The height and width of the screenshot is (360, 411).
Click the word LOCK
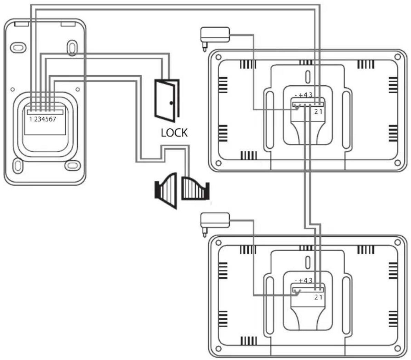(174, 133)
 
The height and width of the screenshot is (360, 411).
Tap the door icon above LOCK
(167, 101)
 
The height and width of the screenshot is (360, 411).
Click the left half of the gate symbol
(166, 191)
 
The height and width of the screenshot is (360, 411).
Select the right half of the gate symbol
(195, 188)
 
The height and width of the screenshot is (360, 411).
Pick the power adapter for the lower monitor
(215, 222)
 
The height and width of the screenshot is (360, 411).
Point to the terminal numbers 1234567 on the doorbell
(43, 119)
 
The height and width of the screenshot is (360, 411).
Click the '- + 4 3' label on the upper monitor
(304, 95)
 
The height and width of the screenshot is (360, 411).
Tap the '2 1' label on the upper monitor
(318, 112)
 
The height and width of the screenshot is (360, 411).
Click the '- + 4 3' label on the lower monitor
(304, 281)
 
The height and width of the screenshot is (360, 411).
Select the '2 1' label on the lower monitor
(318, 297)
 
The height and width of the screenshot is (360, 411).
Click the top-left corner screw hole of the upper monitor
(218, 57)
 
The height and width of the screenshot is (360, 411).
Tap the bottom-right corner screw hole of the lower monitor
(398, 349)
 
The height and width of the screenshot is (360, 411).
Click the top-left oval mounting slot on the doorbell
(18, 48)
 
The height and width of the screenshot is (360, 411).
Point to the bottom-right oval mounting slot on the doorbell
(72, 165)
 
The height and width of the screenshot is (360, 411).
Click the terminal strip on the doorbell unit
(45, 112)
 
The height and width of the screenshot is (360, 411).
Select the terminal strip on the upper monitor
(308, 104)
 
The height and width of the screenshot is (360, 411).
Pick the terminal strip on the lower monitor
(308, 290)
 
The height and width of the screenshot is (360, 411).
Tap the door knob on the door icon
(171, 103)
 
